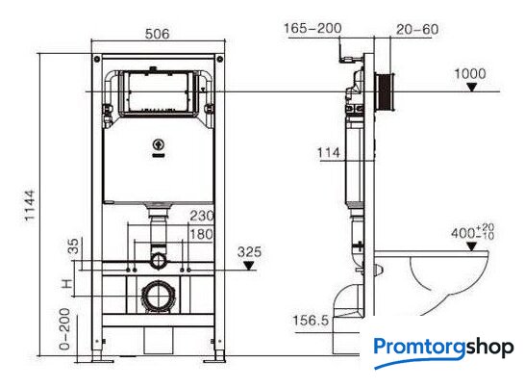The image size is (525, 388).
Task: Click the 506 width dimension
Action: tap(158, 34)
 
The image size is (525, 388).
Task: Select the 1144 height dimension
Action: tap(30, 205)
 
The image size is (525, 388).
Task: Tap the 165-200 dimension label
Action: tap(312, 28)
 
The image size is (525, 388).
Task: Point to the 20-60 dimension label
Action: tap(417, 30)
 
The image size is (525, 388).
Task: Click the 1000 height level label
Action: tap(470, 74)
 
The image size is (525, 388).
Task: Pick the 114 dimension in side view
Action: tap(329, 153)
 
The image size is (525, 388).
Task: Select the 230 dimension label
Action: tap(202, 216)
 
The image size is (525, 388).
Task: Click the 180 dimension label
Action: tap(202, 234)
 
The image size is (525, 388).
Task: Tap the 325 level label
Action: tap(249, 252)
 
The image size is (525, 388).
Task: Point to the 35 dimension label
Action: tap(73, 246)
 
